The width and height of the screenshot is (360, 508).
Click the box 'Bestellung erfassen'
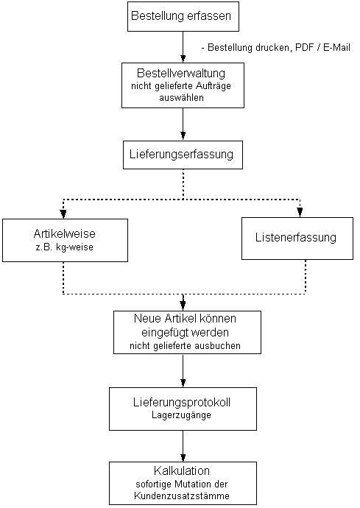(x=183, y=16)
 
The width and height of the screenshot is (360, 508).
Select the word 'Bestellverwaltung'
(x=181, y=73)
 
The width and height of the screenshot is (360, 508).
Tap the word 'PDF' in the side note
(x=304, y=48)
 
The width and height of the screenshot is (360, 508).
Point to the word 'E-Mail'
(x=336, y=48)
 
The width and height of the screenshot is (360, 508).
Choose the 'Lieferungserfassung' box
(x=183, y=155)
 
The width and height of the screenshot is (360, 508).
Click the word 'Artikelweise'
(x=65, y=233)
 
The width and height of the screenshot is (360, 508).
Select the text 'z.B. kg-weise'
(x=65, y=247)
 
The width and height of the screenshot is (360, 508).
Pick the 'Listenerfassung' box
(x=297, y=239)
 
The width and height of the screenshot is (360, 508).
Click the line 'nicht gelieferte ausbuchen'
(x=185, y=346)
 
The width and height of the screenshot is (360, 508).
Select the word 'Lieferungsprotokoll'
(x=182, y=403)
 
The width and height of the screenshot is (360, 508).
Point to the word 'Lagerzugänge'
(x=181, y=415)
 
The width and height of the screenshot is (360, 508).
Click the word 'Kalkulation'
(x=182, y=470)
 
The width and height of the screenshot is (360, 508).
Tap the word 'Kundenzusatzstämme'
(x=182, y=495)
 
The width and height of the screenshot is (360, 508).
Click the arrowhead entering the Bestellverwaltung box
(x=183, y=59)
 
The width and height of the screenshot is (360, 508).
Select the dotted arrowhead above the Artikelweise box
(x=63, y=214)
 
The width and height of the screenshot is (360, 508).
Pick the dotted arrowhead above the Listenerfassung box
(x=300, y=212)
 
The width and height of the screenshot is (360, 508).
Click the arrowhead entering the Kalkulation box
(x=183, y=458)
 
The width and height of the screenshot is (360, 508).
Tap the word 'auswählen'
(x=181, y=97)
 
